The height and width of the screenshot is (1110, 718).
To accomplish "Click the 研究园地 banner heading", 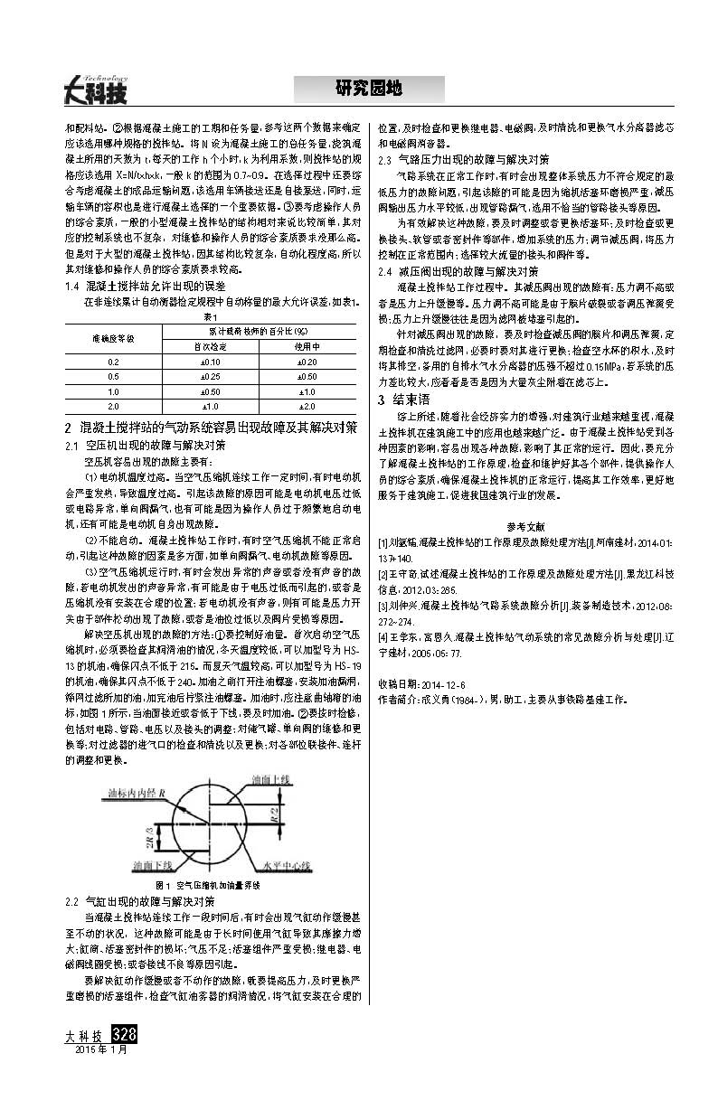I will point(368,89).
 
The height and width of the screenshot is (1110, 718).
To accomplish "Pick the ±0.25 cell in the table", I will point(210,376).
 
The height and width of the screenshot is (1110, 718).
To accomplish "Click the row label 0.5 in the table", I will point(113,376).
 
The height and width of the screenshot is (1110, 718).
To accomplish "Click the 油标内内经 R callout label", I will point(128,793).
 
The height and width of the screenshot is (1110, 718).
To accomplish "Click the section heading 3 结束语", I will point(403,399).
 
